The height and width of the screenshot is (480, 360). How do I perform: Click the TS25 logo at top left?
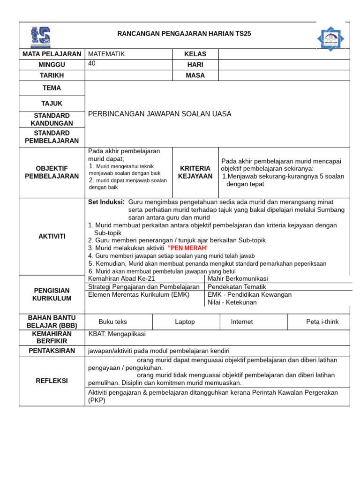[40, 37]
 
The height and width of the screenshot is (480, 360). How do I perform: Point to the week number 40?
[92, 64]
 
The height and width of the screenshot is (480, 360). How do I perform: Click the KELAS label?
[195, 54]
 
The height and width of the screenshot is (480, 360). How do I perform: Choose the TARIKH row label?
[52, 75]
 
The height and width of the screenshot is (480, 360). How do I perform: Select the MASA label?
[195, 75]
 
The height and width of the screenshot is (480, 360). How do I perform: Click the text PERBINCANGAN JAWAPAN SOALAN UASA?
[160, 114]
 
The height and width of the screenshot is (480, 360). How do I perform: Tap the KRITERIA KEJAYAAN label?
[195, 172]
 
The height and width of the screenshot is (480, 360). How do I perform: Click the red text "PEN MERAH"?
[187, 248]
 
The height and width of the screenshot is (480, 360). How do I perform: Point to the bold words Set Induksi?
[106, 202]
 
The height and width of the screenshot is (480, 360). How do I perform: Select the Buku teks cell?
[112, 322]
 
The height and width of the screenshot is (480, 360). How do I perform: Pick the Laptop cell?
[185, 322]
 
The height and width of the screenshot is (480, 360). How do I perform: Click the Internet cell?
[242, 322]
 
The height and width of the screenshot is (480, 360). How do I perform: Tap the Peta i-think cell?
[322, 322]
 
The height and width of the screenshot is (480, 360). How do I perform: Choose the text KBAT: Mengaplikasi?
[117, 334]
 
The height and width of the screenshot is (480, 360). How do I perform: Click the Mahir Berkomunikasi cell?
[238, 278]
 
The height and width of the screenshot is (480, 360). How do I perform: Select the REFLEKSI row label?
[52, 381]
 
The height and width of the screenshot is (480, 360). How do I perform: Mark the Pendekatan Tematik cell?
[237, 286]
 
